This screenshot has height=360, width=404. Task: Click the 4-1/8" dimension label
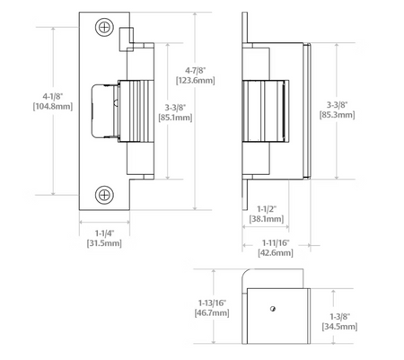click(53, 97)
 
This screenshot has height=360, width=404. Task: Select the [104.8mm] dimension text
click(53, 107)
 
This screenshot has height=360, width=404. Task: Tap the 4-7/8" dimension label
click(196, 71)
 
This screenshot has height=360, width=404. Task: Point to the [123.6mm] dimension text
click(196, 81)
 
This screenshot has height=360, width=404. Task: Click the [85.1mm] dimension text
click(175, 118)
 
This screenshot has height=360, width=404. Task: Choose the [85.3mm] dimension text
click(338, 115)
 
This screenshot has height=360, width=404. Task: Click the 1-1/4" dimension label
click(104, 233)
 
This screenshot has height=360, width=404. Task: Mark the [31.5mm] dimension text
click(104, 243)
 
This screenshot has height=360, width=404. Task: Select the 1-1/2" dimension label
click(267, 209)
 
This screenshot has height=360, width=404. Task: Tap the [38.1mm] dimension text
click(267, 219)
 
